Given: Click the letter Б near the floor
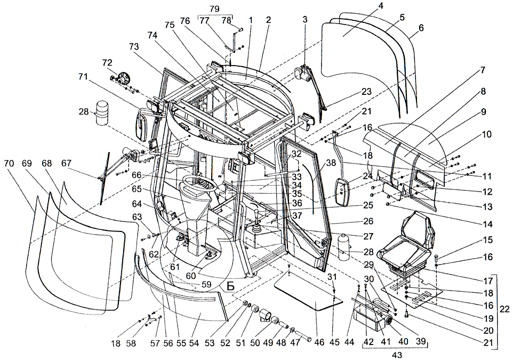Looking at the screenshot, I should [x=230, y=286].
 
